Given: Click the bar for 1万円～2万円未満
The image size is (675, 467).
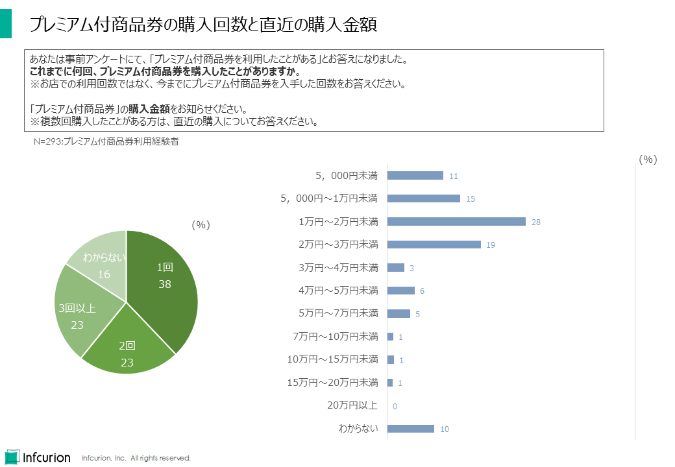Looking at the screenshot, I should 456,222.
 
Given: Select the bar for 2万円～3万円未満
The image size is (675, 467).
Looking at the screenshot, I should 434,245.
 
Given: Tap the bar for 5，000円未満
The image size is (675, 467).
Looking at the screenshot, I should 415,176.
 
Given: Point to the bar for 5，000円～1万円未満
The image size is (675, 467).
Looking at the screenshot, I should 423,198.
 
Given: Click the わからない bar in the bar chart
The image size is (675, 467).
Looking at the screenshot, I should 410,429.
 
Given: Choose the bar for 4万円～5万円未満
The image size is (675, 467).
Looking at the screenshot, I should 400,291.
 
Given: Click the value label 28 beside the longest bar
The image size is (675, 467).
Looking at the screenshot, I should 536,222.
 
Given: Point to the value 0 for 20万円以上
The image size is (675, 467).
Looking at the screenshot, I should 395,406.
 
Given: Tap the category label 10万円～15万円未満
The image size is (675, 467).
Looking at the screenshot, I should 332,359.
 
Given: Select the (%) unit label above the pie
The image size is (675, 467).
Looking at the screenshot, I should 201,224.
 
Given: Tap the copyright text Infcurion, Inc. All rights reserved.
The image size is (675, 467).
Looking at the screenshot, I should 136,458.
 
